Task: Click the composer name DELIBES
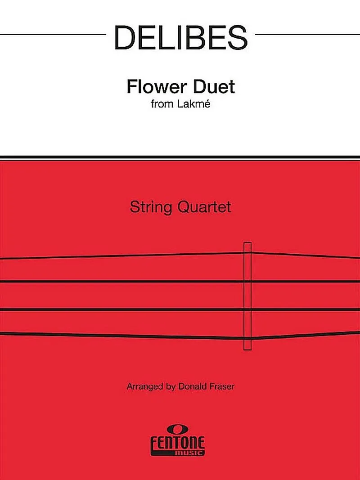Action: coord(180,37)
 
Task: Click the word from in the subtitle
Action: coord(162,104)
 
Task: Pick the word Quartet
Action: coord(204,207)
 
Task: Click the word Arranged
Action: coord(144,386)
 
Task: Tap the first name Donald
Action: coord(192,386)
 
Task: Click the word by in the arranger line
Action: coord(171,386)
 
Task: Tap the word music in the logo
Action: coord(193,453)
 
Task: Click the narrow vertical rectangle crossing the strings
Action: coord(247,296)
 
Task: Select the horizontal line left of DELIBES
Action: coord(53,34)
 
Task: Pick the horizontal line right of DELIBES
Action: coord(308,34)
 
